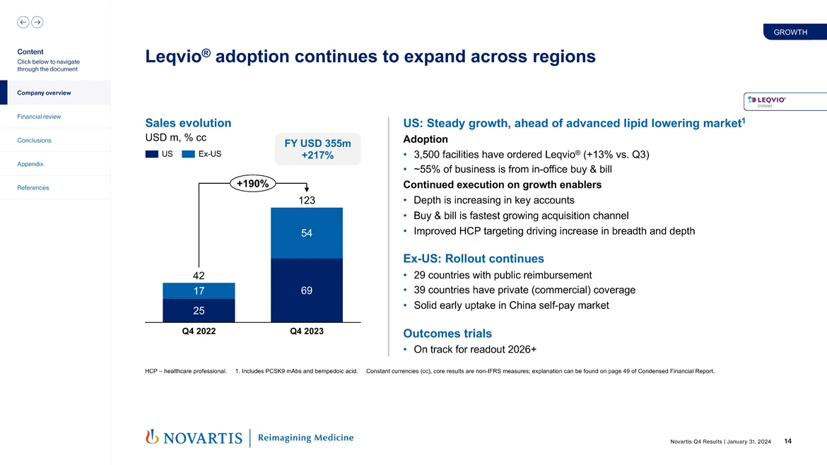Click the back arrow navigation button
pos(23,22)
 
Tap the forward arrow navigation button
pos(37,22)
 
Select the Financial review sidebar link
pos(39,117)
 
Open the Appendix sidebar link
pos(30,164)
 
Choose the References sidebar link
pos(33,188)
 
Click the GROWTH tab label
pos(790,32)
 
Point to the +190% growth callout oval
pos(252,184)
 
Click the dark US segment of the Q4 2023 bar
pos(307,290)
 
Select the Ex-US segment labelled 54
pos(307,233)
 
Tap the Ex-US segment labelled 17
pos(199,291)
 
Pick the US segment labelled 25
pos(199,311)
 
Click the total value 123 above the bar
pos(307,200)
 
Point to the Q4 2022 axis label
pos(199,331)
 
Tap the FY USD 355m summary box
pos(317,149)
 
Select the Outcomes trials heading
pos(447,334)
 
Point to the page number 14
pos(787,442)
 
